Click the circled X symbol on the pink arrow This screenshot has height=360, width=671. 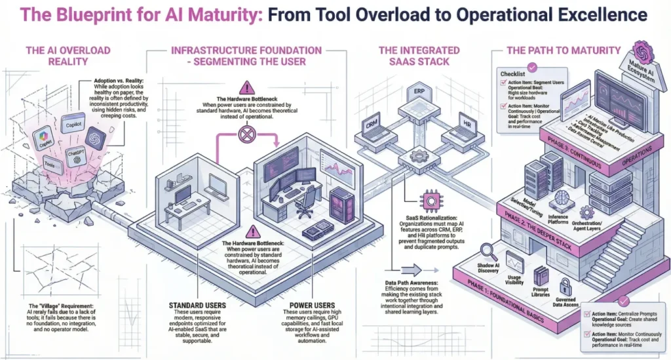pyautogui.click(x=246, y=136)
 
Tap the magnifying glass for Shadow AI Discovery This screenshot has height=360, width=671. pyautogui.click(x=488, y=251)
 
